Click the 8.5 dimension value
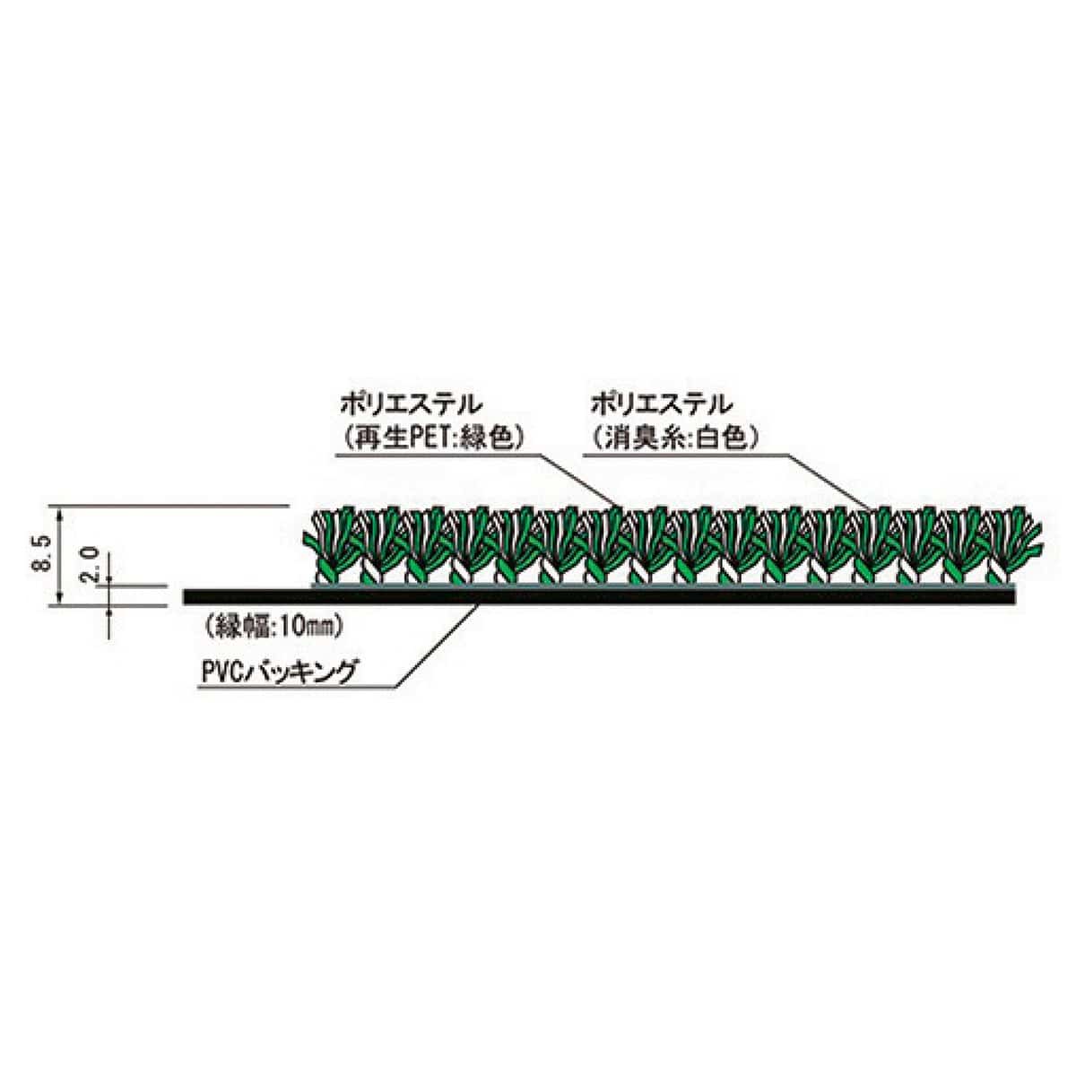pos(45,553)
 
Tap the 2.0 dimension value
pos(90,565)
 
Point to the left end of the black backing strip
pos(185,596)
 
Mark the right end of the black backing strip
pos(1014,596)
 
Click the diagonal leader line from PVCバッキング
pos(436,645)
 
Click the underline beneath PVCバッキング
pos(297,688)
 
